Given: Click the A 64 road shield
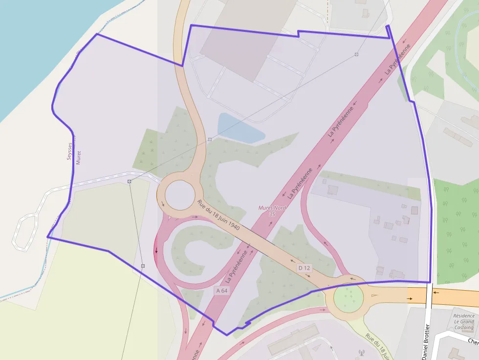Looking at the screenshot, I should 222,291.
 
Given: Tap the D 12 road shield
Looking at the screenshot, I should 304,268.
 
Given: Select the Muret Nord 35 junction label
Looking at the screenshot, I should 272,211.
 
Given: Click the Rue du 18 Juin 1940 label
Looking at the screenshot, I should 218,215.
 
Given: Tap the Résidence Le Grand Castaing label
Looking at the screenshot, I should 463,322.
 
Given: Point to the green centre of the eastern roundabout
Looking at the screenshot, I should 348,296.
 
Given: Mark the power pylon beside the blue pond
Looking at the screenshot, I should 210,140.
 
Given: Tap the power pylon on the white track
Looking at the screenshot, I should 130,182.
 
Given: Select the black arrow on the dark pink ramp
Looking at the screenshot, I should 156,251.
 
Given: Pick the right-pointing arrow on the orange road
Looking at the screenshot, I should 410,298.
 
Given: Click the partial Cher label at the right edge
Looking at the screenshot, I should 473,341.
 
